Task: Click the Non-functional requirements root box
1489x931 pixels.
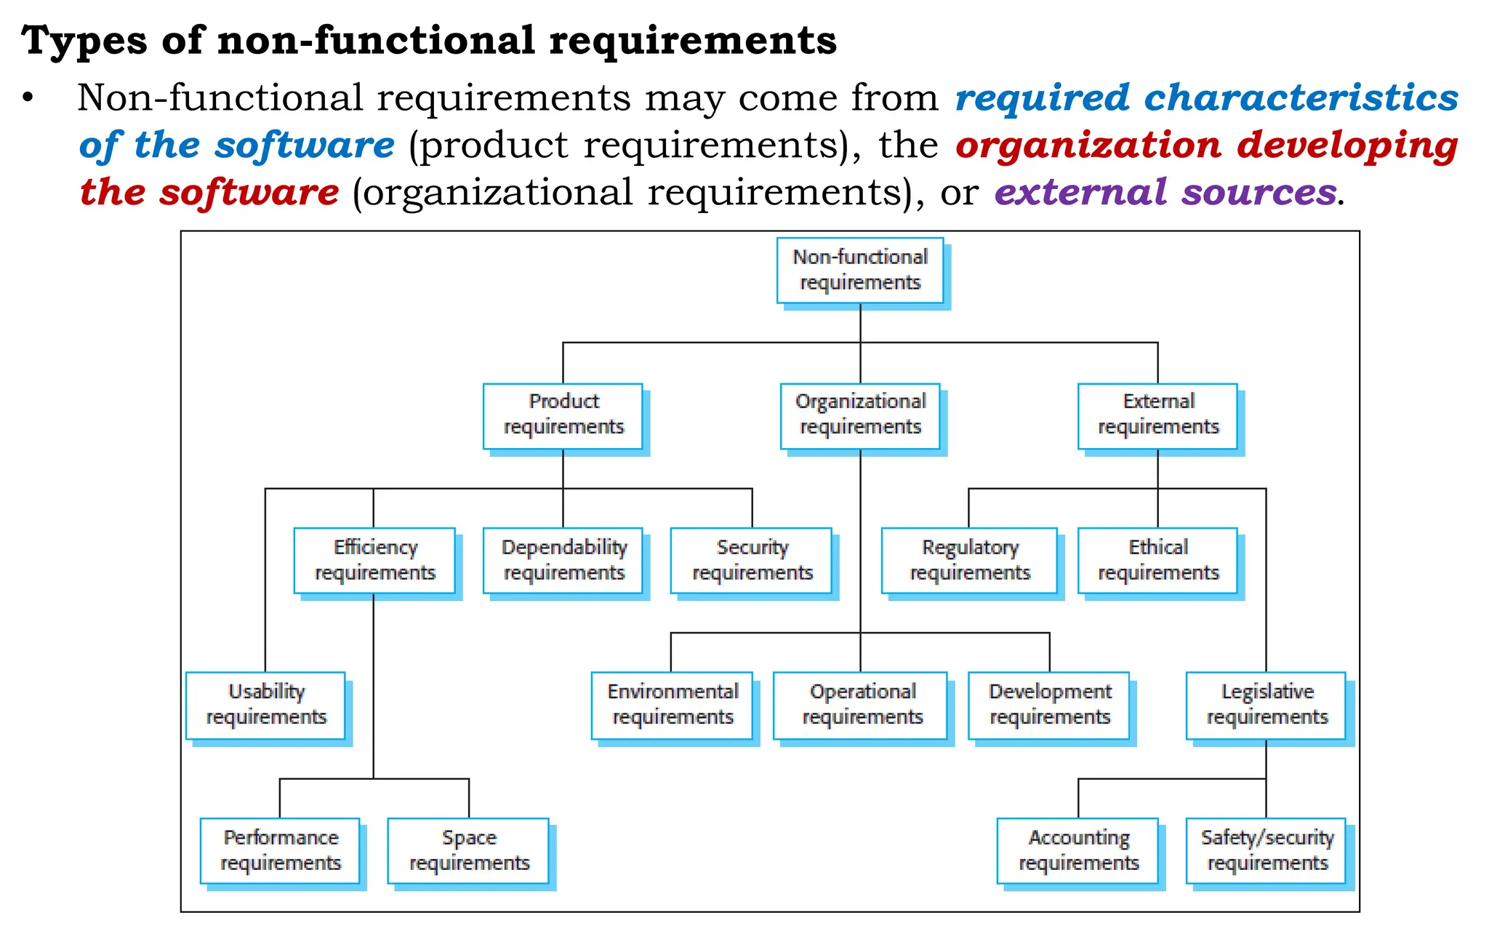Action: (860, 271)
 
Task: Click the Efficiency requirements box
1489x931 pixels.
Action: (374, 561)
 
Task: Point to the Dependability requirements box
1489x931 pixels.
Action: (563, 561)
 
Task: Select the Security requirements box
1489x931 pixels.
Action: (751, 561)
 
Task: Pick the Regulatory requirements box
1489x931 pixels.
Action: (969, 561)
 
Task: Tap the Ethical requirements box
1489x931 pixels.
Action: (1157, 561)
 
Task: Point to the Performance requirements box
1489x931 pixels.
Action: (281, 851)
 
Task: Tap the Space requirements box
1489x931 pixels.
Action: (468, 851)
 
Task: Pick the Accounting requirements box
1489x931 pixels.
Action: (1077, 851)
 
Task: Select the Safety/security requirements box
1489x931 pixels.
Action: (1267, 851)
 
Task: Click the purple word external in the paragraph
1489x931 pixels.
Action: (1080, 193)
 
